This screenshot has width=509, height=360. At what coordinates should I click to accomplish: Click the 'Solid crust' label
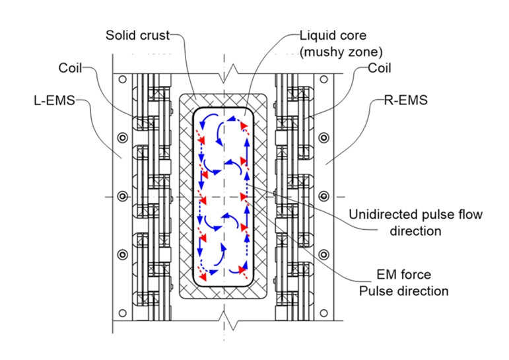point(137,34)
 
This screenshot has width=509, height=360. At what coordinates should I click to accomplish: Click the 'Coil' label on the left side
point(73,67)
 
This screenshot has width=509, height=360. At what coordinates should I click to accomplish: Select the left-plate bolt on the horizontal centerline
point(122,196)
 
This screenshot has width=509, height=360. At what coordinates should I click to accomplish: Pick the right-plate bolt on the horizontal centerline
point(324,196)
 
